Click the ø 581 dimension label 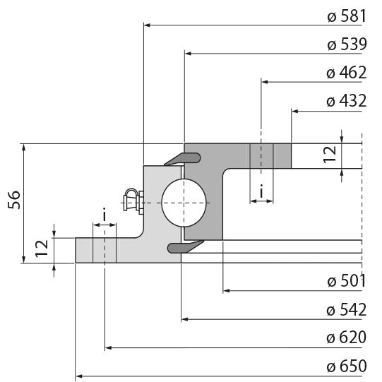click(x=346, y=17)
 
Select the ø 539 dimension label click(x=346, y=44)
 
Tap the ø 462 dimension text click(x=346, y=73)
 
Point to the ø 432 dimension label click(x=346, y=101)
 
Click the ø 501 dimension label click(x=346, y=281)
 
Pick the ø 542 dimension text click(x=346, y=309)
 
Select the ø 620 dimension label click(x=346, y=338)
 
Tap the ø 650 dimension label click(x=346, y=366)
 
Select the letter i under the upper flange click(x=261, y=191)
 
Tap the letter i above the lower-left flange click(x=105, y=214)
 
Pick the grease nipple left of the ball click(x=132, y=201)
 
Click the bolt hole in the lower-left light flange click(x=105, y=250)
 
